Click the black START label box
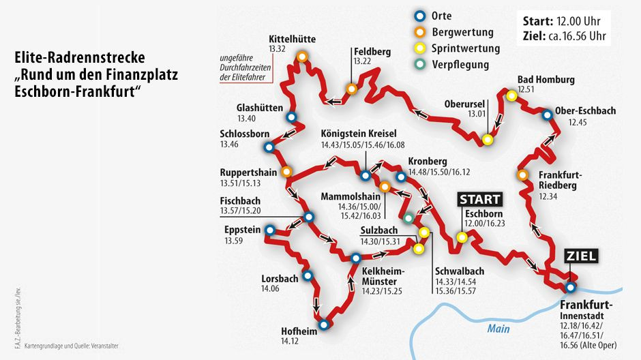point(480,199)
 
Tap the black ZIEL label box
point(580,256)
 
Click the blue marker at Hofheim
point(323,325)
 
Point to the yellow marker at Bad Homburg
point(511,96)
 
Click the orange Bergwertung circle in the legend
point(420,32)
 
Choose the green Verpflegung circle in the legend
point(420,65)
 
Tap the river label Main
point(498,329)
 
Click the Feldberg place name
point(371,51)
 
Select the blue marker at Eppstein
point(270,230)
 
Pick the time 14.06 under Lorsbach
point(271,289)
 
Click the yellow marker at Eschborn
point(462,237)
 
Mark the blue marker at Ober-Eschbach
point(547,115)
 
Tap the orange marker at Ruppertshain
point(286,171)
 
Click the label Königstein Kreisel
point(357,134)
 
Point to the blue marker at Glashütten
point(292,117)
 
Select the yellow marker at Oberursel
point(488,140)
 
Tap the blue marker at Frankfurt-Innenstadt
point(571,287)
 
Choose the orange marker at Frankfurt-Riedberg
point(522,175)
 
